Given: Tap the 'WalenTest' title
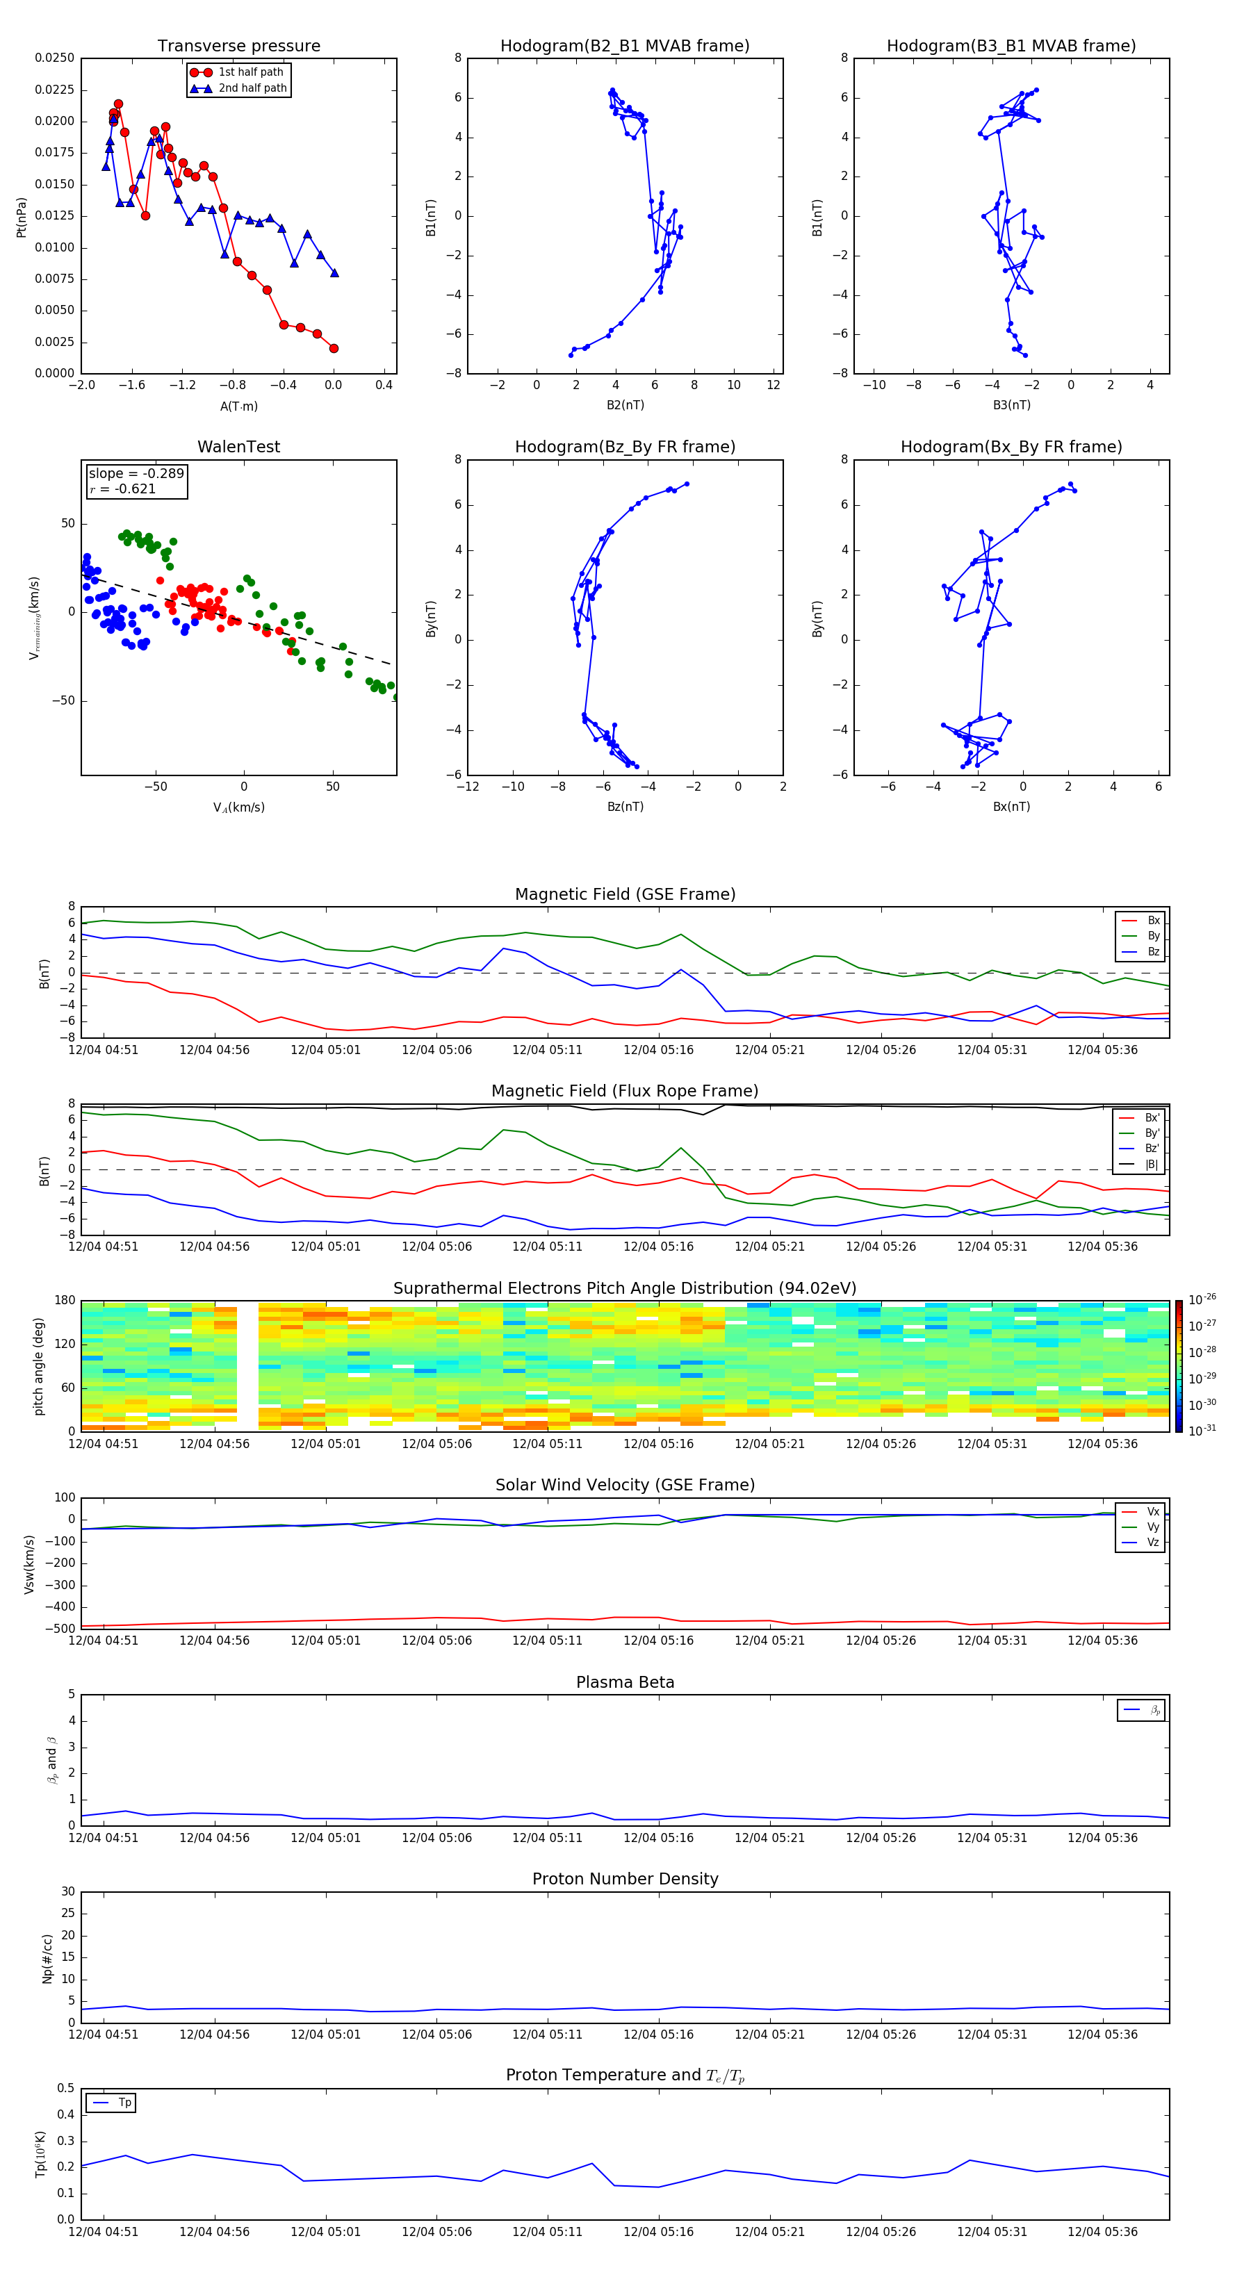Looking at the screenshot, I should [238, 447].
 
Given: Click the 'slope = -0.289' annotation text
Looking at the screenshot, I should [136, 474].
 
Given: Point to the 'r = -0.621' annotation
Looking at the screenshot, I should [123, 488].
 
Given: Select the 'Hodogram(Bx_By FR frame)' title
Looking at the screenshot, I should [1011, 447].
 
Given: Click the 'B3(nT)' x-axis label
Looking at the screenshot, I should [1011, 405].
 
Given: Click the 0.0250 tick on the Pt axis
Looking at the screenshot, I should [54, 58].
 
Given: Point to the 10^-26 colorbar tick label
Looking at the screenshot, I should [1202, 1299].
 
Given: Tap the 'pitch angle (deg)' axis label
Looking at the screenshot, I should [38, 1366].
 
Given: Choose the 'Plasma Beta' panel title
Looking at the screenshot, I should [624, 1682].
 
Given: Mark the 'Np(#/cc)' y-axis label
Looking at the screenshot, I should [47, 1958].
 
